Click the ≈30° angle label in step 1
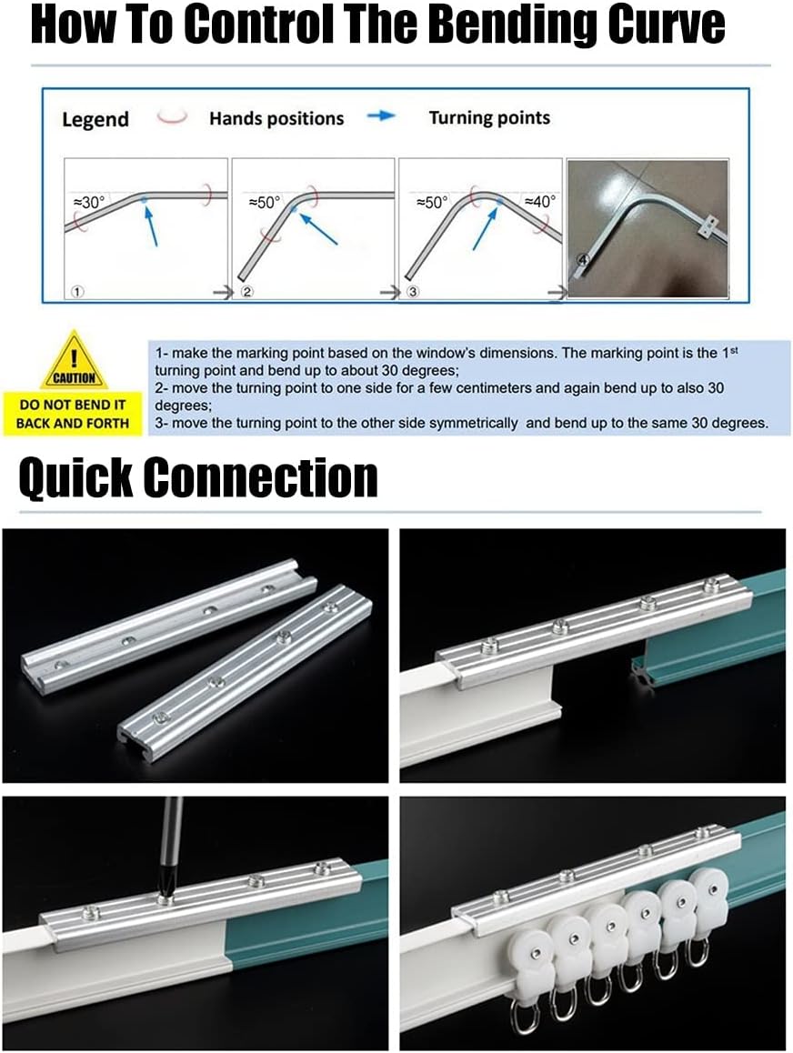pos(88,203)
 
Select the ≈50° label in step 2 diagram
pos(265,203)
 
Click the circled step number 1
pos(77,293)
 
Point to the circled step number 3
pos(413,293)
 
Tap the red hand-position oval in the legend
pos(172,117)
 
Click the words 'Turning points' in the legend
pos(489,117)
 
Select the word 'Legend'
pos(95,119)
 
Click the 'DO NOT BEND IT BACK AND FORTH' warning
pos(73,414)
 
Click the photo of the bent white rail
pos(647,227)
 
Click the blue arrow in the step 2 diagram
pos(317,228)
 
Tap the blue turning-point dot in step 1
pos(144,199)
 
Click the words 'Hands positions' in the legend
pos(276,118)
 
